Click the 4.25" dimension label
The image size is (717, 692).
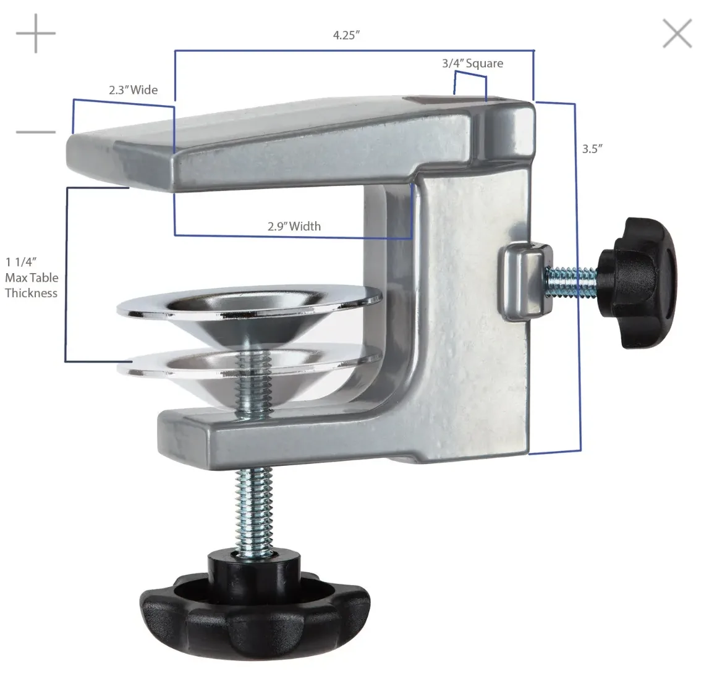(x=346, y=35)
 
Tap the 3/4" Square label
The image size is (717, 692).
(x=472, y=63)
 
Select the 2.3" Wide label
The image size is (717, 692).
(x=133, y=90)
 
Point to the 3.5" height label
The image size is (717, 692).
(x=592, y=148)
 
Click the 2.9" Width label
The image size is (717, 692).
(x=294, y=226)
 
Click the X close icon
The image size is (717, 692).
(x=677, y=33)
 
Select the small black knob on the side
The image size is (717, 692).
(x=637, y=281)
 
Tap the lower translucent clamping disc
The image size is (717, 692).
(x=247, y=365)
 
